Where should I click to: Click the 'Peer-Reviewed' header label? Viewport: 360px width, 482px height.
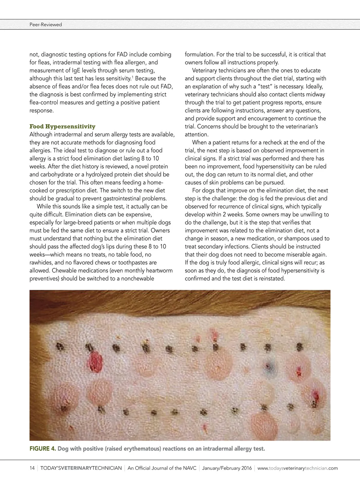[46, 25]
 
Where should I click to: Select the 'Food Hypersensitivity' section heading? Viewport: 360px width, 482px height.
[62, 126]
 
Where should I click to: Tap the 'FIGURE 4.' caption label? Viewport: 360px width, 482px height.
[42, 449]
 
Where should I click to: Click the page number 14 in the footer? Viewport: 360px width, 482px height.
[32, 468]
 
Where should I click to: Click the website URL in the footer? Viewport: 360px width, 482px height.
[297, 468]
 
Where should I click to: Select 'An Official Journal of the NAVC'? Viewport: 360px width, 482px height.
[162, 468]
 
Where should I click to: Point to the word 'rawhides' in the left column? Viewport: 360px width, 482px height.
[40, 263]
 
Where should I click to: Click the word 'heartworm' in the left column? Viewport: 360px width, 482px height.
[159, 270]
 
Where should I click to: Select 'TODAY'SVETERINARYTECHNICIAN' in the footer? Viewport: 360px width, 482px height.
[81, 468]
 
